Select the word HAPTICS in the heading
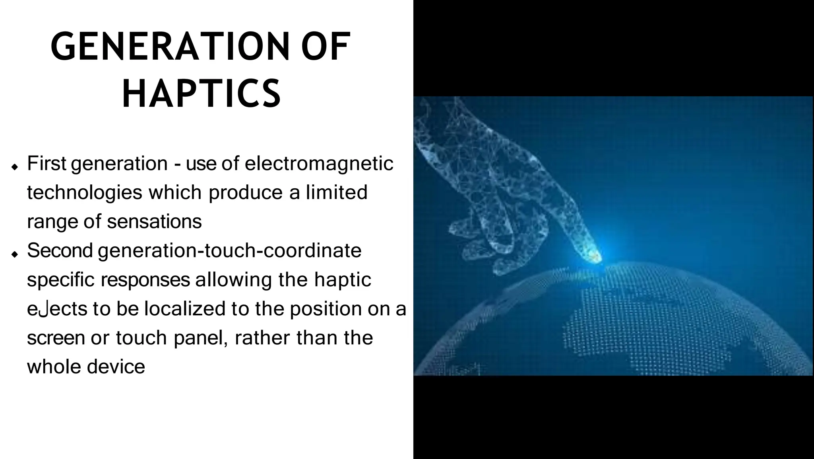click(202, 94)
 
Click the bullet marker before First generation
click(15, 167)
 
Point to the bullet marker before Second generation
click(15, 254)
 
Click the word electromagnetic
click(319, 164)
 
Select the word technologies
click(85, 193)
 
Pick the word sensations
click(155, 222)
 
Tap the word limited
click(336, 193)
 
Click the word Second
click(60, 251)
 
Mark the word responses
click(145, 279)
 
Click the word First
click(47, 164)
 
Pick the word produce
click(246, 193)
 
